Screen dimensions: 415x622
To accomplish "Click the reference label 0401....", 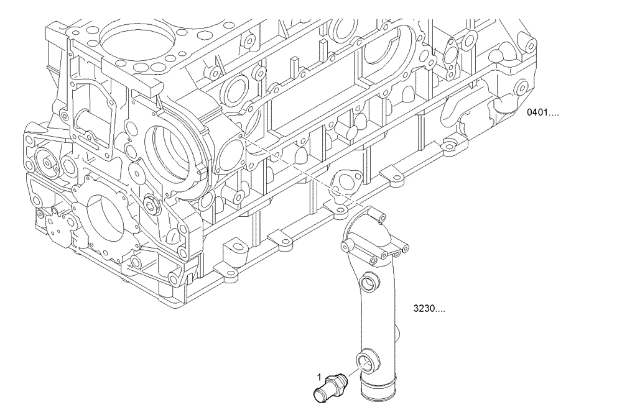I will click(x=542, y=114).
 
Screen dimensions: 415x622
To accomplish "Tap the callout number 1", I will click(x=320, y=376).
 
